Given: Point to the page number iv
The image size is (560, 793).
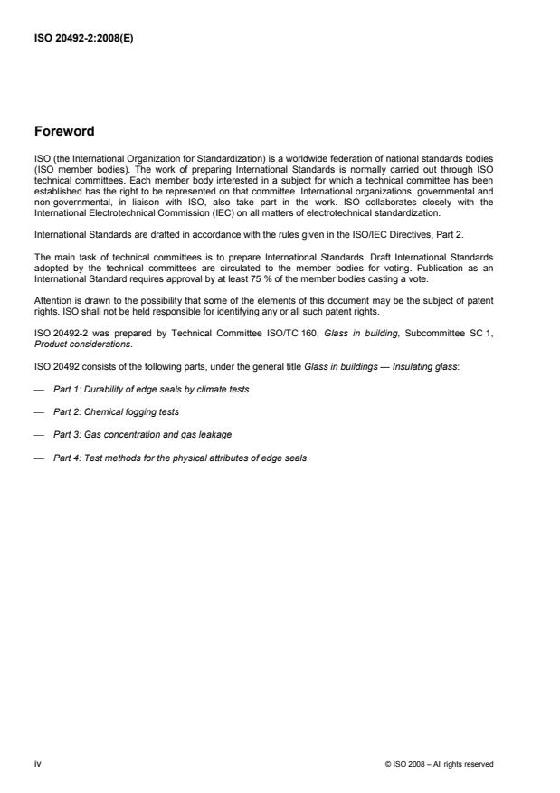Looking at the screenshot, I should tap(38, 764).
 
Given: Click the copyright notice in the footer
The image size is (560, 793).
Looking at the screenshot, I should tap(439, 764).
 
